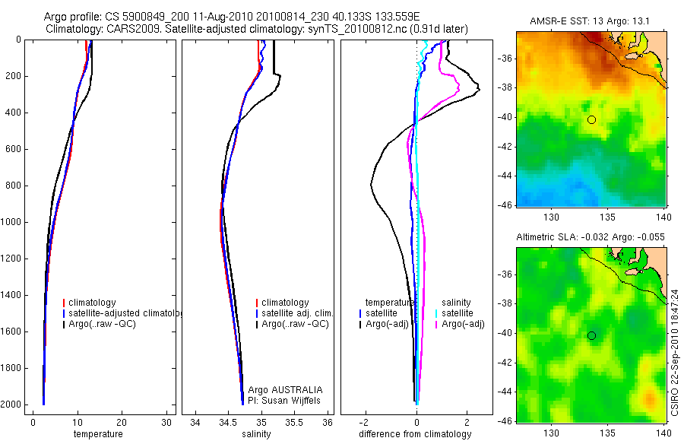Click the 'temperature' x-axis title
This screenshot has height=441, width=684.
pos(97,434)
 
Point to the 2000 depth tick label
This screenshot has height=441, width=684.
pos(12,405)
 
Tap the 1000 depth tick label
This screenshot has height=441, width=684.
pos(12,222)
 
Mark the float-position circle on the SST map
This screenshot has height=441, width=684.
pos(591,119)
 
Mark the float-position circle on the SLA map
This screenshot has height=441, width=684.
pos(591,335)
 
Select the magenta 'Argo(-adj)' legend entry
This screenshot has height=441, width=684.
pos(463,324)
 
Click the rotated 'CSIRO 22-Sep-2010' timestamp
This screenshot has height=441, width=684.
pos(675,355)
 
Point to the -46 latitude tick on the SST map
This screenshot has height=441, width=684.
pos(504,205)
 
